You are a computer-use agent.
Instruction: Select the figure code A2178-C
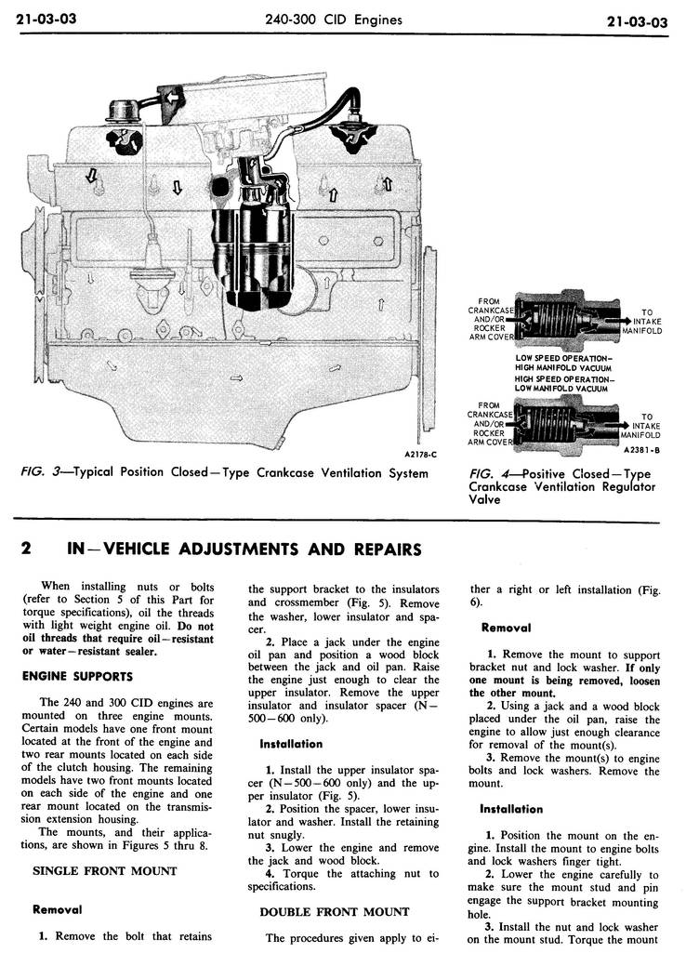point(420,455)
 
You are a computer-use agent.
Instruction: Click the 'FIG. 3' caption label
point(37,473)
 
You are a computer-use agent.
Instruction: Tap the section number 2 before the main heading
point(27,549)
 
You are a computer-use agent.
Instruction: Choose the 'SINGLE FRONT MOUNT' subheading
point(103,871)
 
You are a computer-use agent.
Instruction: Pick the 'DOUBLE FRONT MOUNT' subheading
point(334,912)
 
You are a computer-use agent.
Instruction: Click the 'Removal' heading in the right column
point(506,628)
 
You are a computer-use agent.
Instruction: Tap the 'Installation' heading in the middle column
point(290,744)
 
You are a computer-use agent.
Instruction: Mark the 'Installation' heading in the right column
point(510,809)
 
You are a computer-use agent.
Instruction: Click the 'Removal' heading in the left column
point(56,909)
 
